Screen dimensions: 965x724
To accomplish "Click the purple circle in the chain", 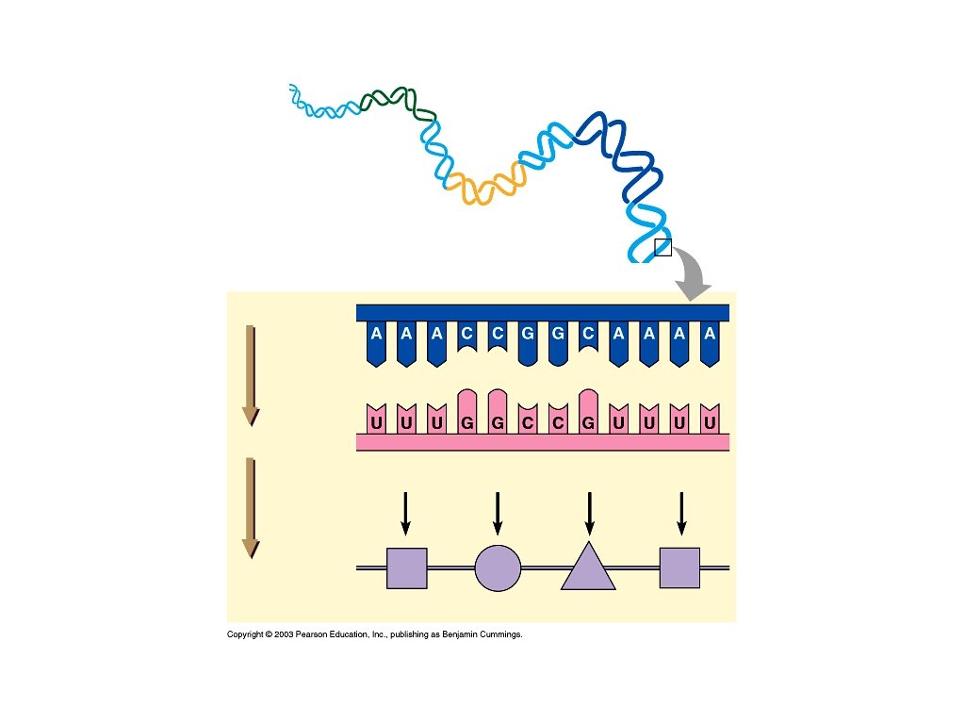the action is point(498,568).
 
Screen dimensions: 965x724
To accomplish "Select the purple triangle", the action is point(588,569).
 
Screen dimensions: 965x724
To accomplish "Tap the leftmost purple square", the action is point(407,568).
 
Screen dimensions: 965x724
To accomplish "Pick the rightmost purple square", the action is point(679,568).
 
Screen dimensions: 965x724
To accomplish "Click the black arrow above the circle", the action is point(498,513).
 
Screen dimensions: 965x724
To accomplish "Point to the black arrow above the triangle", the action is point(589,513).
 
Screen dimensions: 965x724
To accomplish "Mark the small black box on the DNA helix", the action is point(662,248).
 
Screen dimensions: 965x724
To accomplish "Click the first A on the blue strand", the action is point(376,334).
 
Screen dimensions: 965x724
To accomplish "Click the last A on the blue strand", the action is point(709,334).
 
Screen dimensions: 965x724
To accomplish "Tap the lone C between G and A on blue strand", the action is point(588,334).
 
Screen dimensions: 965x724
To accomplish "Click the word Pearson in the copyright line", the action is point(310,634).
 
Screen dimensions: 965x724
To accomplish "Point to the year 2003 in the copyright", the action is point(284,634).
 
